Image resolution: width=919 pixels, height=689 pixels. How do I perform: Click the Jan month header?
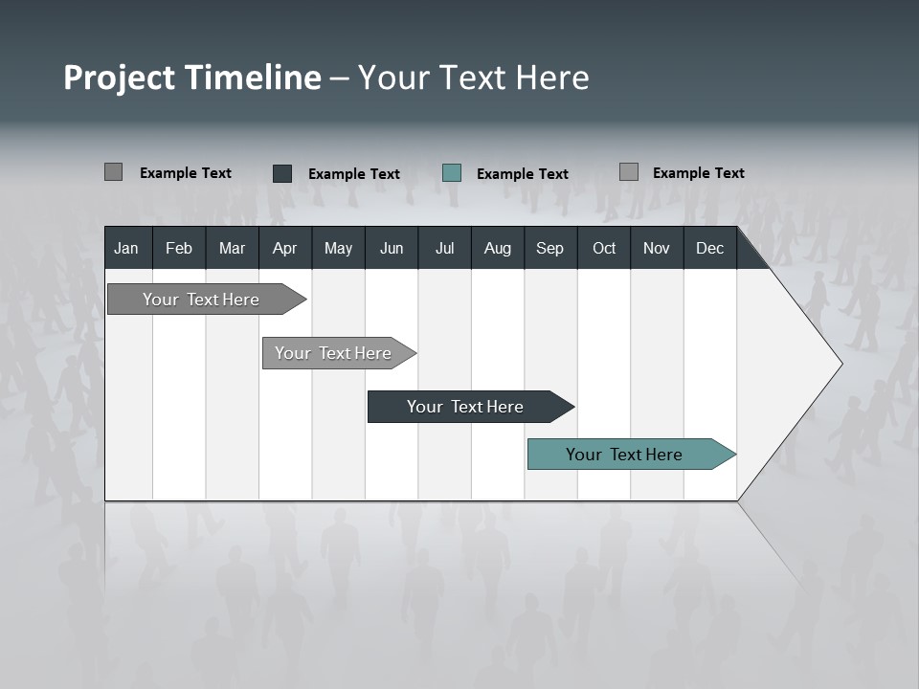(x=126, y=248)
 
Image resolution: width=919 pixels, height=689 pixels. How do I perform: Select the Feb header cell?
(x=179, y=248)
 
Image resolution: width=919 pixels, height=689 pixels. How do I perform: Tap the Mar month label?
(x=232, y=248)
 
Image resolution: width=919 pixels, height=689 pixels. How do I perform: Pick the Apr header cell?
(x=284, y=248)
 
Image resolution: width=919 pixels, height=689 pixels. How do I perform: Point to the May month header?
(x=338, y=248)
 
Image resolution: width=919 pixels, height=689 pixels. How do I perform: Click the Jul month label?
(x=444, y=248)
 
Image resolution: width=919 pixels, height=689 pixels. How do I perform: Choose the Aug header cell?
(x=497, y=248)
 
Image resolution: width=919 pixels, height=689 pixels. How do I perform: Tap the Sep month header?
(x=549, y=248)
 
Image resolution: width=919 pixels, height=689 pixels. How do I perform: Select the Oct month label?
(x=603, y=248)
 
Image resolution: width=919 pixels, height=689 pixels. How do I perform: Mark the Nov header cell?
(x=656, y=248)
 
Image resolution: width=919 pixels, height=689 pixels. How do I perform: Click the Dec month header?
(x=709, y=248)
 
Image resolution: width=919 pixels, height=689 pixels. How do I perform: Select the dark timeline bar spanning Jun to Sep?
(x=466, y=407)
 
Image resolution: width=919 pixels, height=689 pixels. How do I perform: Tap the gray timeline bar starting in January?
(x=202, y=300)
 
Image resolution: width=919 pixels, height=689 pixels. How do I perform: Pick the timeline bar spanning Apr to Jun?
(x=334, y=353)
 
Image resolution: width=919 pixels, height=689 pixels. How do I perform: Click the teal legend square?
(x=452, y=173)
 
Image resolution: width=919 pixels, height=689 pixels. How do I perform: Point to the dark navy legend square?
(x=282, y=173)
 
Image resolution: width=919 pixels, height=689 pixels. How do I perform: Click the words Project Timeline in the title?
(x=192, y=78)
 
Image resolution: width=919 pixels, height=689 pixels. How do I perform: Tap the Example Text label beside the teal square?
(x=522, y=174)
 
